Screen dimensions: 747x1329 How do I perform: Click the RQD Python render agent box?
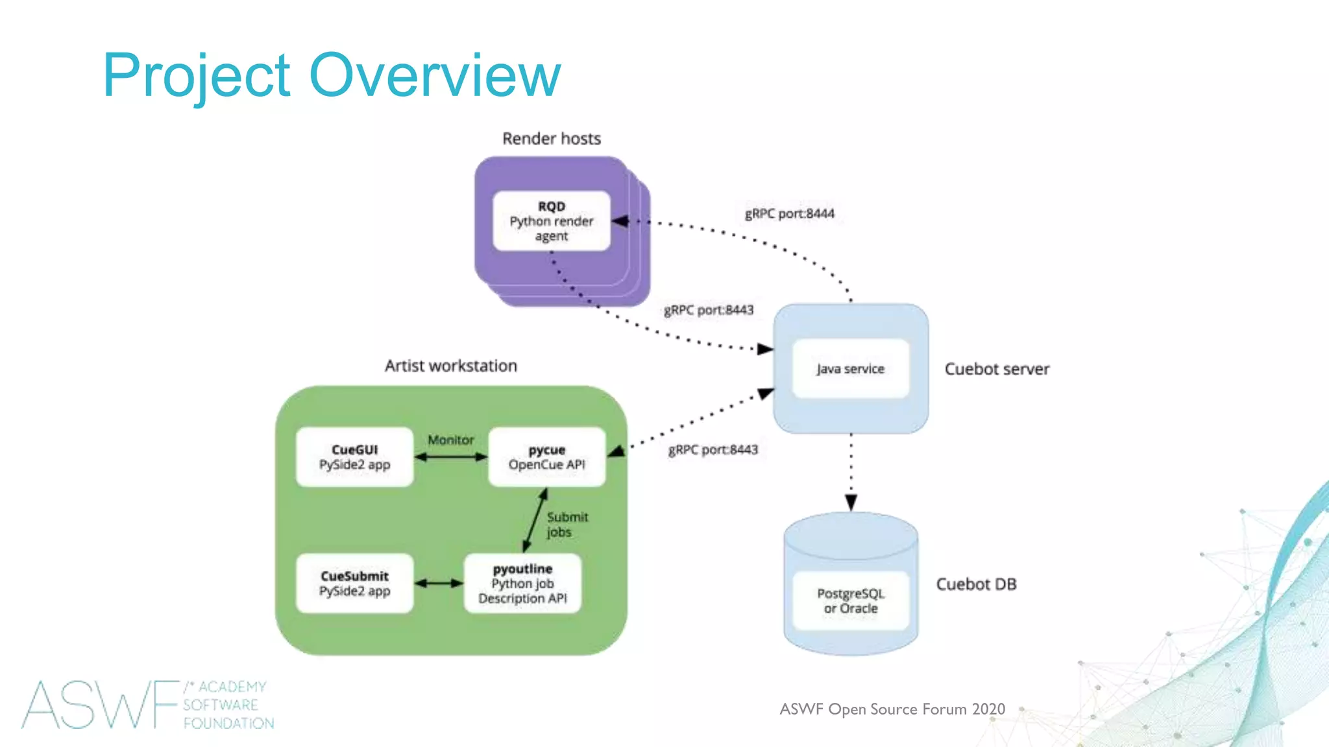[552, 221]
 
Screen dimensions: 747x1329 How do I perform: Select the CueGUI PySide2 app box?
[354, 457]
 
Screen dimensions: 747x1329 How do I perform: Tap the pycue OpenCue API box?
[546, 457]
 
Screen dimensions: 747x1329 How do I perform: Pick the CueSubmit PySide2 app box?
[354, 584]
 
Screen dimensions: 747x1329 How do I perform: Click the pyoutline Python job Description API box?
[522, 584]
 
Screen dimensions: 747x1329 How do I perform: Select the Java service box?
[850, 368]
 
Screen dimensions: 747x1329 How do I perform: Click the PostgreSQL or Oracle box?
[850, 600]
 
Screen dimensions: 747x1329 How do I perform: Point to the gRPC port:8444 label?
[789, 213]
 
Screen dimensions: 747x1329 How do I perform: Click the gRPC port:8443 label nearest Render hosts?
[708, 310]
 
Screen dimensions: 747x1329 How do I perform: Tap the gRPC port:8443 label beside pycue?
[713, 449]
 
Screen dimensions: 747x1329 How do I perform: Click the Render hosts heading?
[552, 139]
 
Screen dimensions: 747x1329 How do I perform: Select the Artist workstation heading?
[450, 366]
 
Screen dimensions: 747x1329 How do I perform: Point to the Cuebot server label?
[997, 369]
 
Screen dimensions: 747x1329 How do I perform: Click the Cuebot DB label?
[976, 584]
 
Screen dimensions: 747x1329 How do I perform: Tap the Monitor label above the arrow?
[450, 440]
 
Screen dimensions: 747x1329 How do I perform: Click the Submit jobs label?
[566, 525]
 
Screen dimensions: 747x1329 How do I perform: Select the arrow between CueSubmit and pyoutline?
[439, 583]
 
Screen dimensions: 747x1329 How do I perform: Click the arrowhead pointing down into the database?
[851, 503]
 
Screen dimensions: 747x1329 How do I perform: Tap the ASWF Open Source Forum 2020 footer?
[892, 709]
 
